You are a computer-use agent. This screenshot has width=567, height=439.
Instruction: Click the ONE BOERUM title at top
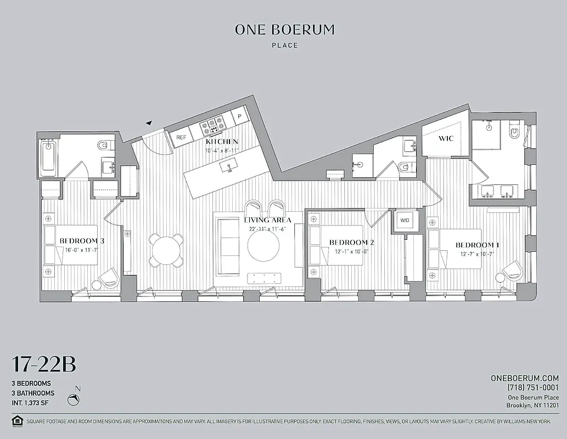pos(284,30)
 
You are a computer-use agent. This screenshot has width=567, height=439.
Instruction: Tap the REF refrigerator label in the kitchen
pos(181,137)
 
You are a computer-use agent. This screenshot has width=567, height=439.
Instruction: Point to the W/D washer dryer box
pos(405,221)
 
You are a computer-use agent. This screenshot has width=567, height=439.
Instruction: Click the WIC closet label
pos(446,138)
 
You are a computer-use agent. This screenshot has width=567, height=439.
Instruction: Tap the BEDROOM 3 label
pos(82,240)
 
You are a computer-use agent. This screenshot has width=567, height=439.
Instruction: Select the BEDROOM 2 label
pos(351,242)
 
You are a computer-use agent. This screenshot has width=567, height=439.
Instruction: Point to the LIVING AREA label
pos(267,219)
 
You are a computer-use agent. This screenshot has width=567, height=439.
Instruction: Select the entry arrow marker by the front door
pos(148,123)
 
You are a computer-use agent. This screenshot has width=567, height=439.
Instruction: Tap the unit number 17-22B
pos(44,365)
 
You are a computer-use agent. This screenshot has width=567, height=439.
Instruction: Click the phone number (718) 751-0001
pos(526,387)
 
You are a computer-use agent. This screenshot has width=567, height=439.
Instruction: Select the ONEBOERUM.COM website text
pos(524,378)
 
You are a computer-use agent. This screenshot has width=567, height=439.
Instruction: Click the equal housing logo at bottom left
pos(17,421)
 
